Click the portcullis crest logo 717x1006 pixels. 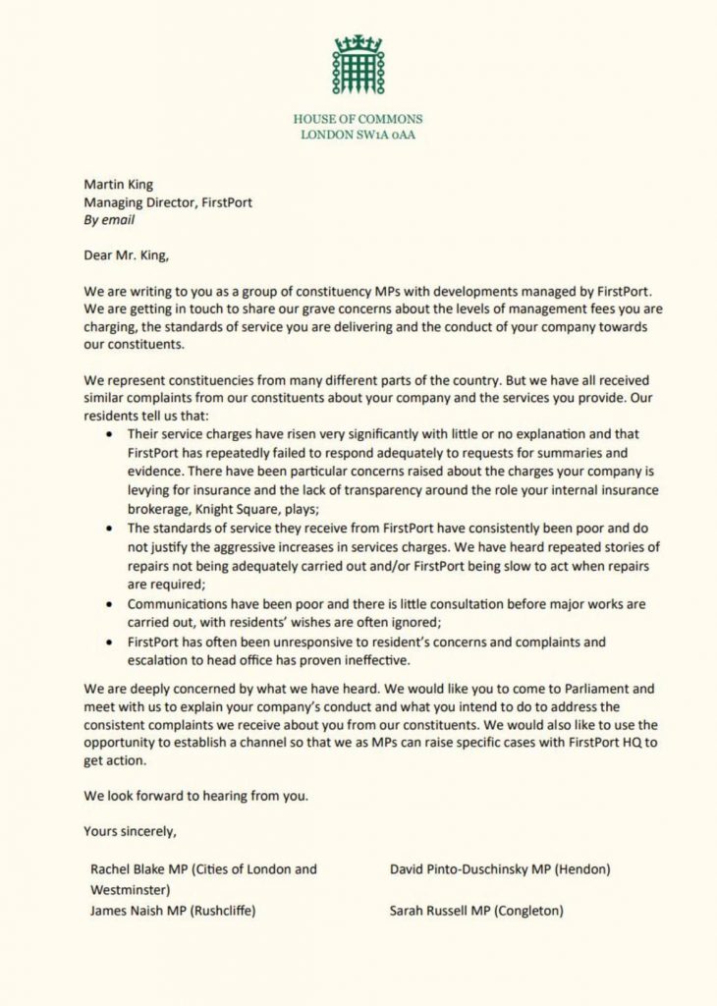pos(358,66)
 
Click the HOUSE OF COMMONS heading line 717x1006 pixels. pos(358,119)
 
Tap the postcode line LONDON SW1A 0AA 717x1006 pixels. pos(358,135)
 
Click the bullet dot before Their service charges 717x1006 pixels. pos(106,432)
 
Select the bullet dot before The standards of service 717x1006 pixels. pos(106,529)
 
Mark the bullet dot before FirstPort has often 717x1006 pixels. pos(106,643)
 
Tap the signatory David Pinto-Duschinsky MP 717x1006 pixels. pos(475,869)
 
